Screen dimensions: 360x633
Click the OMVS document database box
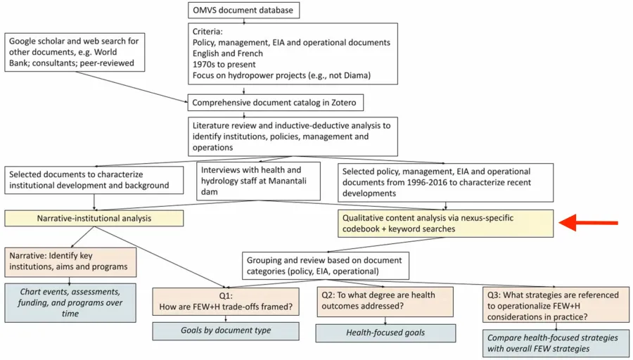tap(245, 10)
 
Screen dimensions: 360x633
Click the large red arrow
tap(589, 224)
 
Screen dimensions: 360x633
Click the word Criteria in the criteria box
tap(210, 32)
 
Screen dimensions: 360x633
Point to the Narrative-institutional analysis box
tap(94, 219)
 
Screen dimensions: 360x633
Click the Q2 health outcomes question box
tap(385, 300)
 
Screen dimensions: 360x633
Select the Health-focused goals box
tap(385, 333)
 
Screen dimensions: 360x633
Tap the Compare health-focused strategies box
tap(553, 343)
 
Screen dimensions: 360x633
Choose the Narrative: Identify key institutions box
tap(70, 261)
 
